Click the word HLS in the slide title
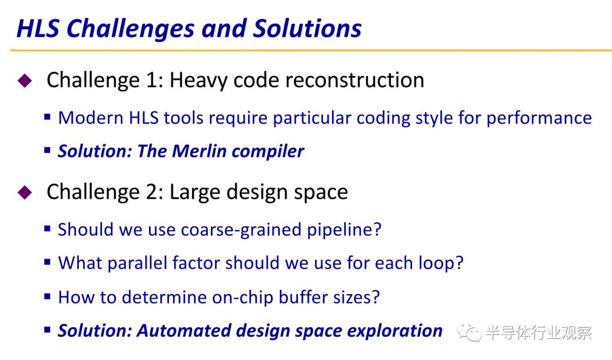pyautogui.click(x=38, y=28)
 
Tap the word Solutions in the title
pyautogui.click(x=307, y=28)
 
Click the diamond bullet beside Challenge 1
pyautogui.click(x=24, y=81)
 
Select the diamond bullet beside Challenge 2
pyautogui.click(x=24, y=192)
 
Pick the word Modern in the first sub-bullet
pyautogui.click(x=91, y=118)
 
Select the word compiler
pyautogui.click(x=267, y=152)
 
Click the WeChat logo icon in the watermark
pyautogui.click(x=470, y=332)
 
